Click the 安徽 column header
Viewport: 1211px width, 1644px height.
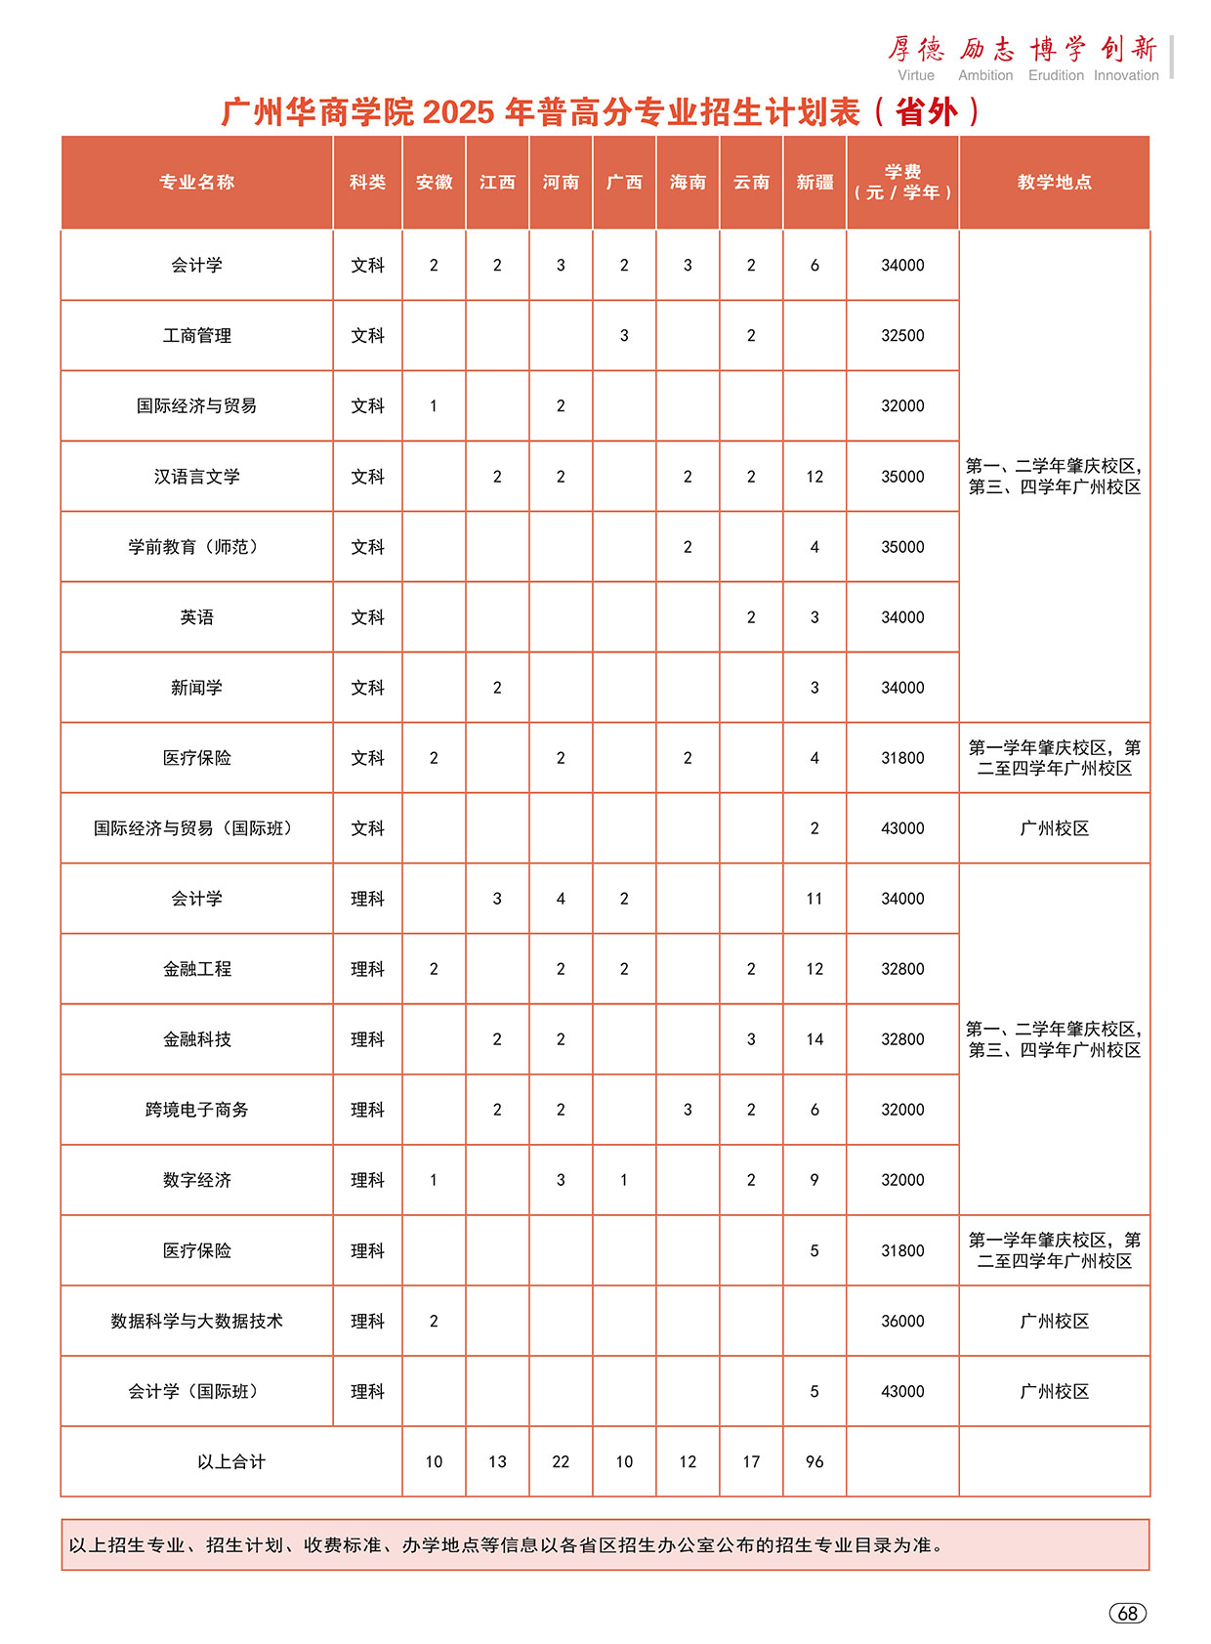click(x=434, y=183)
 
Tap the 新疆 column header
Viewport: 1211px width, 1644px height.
click(x=814, y=183)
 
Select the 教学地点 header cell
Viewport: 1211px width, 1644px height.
click(x=1054, y=183)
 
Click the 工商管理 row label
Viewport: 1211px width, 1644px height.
click(x=196, y=336)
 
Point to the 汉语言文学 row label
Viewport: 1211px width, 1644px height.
click(x=196, y=477)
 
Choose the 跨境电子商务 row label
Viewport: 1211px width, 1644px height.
click(x=196, y=1110)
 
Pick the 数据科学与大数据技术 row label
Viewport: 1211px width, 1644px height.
click(x=196, y=1321)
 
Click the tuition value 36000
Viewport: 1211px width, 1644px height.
click(x=902, y=1321)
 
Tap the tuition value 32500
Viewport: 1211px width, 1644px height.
click(x=902, y=336)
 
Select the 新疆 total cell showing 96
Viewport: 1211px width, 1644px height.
click(x=814, y=1461)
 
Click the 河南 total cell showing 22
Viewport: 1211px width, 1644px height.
click(x=561, y=1461)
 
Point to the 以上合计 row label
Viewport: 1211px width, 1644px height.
click(x=230, y=1461)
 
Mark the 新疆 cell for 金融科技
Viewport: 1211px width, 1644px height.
click(x=814, y=1039)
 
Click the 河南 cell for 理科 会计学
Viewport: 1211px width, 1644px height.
click(x=561, y=899)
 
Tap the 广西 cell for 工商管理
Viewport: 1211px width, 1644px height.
click(x=624, y=336)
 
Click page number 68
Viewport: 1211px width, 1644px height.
click(x=1127, y=1613)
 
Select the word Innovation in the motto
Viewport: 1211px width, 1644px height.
click(x=1126, y=75)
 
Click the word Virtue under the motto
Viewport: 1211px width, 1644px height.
click(x=916, y=75)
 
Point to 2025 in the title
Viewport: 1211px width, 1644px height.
click(x=459, y=112)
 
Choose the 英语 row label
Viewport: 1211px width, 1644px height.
click(x=196, y=617)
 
